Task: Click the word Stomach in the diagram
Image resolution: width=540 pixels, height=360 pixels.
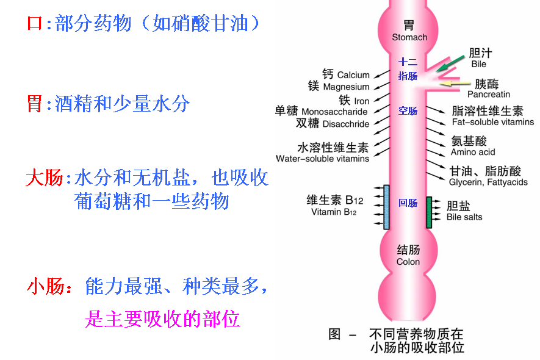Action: [409, 37]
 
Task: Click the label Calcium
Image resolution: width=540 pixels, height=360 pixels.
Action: [353, 75]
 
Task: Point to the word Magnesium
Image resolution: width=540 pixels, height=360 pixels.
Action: [345, 87]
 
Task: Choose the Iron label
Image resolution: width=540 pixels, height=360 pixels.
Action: [362, 101]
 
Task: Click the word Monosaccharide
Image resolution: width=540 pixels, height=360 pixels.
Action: [334, 112]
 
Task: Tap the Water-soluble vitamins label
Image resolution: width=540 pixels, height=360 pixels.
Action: [322, 159]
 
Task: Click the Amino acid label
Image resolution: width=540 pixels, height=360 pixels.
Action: [473, 152]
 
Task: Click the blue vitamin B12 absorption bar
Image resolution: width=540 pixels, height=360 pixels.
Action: [386, 206]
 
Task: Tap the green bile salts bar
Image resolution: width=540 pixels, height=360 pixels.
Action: [429, 212]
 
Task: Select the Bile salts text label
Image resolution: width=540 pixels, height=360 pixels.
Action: [464, 217]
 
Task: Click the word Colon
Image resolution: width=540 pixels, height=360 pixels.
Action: [408, 262]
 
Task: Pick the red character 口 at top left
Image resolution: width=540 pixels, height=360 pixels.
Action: [35, 24]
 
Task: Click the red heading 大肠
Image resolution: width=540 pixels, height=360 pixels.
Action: [44, 178]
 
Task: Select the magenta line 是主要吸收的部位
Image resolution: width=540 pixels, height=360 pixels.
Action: [162, 319]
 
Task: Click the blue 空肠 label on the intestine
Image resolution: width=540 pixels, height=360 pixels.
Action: [408, 111]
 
